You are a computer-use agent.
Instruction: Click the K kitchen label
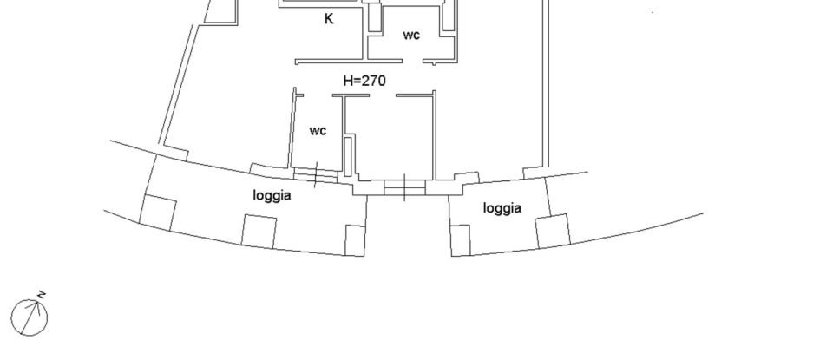coord(329,18)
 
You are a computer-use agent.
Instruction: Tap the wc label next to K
coord(411,36)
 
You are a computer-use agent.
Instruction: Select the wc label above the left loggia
coord(318,131)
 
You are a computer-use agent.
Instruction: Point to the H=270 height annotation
coord(364,81)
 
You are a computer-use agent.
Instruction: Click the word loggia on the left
coord(272,196)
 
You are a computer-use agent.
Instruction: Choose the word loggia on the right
coord(502,208)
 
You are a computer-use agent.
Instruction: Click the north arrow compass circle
coord(29,317)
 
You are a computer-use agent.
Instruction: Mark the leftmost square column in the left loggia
coord(159,213)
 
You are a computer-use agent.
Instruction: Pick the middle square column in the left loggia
coord(259,231)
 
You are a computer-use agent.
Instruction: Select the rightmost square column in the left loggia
coord(355,240)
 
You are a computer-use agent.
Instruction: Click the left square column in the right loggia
coord(460,239)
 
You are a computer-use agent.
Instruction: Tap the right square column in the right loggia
coord(551,231)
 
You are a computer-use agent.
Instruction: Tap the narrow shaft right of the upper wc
coord(448,19)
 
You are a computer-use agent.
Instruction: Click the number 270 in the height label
coord(375,81)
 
